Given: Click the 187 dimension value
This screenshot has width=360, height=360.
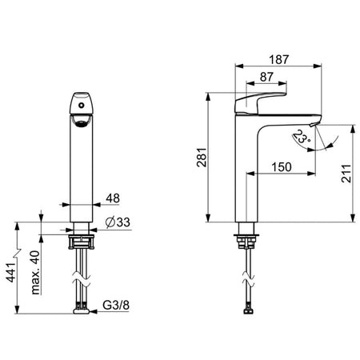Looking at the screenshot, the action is [x=278, y=59].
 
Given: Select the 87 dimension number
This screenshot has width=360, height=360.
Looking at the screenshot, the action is [x=266, y=77].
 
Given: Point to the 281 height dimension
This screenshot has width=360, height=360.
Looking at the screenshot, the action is [x=202, y=157].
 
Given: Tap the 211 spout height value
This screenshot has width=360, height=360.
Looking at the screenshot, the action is [x=346, y=174].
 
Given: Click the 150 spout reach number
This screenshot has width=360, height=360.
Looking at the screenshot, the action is [x=282, y=167].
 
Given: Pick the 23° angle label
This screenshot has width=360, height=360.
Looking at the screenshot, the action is [x=302, y=137].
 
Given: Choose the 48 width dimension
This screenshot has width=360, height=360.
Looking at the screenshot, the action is [x=113, y=198].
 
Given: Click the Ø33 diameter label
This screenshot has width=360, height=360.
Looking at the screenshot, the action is [x=118, y=222].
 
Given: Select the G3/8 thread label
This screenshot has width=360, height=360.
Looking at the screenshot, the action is [x=116, y=305].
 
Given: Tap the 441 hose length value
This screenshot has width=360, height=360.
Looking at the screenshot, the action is [x=11, y=272].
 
